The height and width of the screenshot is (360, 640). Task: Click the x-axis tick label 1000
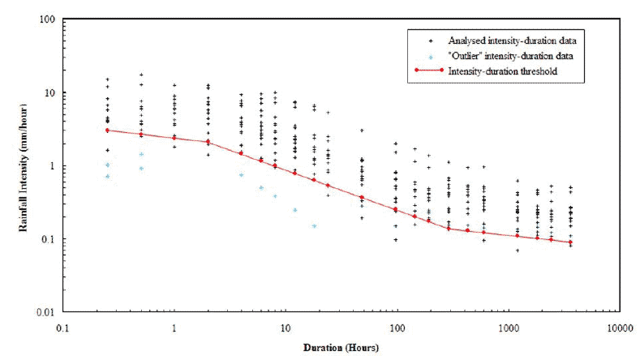click(509, 328)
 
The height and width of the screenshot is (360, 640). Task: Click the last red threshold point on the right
click(570, 242)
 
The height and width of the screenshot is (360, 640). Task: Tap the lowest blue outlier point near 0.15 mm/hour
click(314, 225)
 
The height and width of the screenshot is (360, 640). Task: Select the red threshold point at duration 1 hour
click(174, 138)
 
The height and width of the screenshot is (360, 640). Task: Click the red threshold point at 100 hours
click(396, 209)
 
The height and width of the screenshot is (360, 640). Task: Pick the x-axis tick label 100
click(397, 328)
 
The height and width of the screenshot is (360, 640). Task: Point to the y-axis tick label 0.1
click(48, 239)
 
